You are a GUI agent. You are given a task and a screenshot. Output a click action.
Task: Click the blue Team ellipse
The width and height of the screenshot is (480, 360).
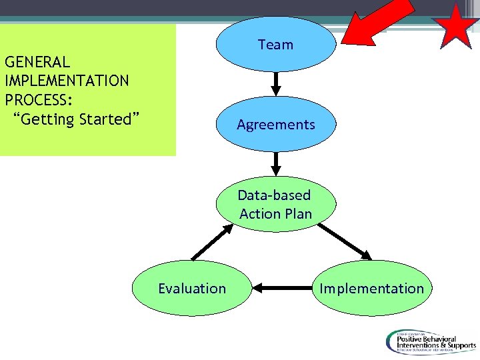[276, 45]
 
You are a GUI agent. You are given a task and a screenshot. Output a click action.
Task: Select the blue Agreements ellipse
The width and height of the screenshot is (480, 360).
[276, 125]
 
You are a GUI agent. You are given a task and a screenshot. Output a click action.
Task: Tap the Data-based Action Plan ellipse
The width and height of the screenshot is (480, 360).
[276, 204]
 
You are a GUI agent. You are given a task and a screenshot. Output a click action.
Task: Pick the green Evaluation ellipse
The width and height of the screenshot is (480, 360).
[192, 288]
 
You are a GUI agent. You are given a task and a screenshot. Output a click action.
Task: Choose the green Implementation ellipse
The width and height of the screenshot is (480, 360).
[371, 288]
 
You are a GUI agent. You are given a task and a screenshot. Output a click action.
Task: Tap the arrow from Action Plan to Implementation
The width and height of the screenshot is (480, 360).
[345, 241]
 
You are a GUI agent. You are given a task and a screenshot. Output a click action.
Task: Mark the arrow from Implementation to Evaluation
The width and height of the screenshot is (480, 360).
[282, 288]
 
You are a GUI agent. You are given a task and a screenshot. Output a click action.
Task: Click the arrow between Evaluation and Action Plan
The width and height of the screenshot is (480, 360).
[212, 243]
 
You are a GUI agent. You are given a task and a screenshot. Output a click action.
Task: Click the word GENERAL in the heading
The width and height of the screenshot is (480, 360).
[37, 63]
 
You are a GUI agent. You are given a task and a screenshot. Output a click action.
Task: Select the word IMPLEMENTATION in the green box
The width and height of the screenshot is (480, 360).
[67, 81]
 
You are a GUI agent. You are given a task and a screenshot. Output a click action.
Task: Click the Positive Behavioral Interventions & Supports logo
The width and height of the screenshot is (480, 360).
[429, 343]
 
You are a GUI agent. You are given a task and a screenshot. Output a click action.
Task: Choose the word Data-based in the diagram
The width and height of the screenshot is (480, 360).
[274, 195]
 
